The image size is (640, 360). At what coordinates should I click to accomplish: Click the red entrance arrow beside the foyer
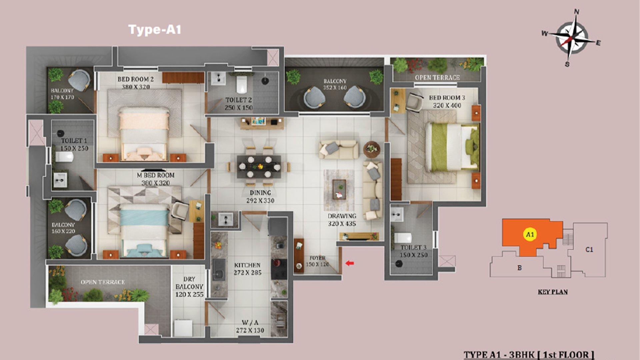349,263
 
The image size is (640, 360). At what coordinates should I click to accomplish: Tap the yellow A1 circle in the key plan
530,234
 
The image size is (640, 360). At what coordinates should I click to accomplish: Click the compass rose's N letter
577,12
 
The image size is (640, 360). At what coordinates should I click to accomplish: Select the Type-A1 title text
155,29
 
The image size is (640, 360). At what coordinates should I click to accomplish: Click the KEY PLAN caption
553,292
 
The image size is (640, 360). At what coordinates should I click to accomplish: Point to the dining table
259,166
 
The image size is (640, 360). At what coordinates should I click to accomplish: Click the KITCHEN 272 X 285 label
247,269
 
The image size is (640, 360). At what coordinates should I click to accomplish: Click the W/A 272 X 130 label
250,327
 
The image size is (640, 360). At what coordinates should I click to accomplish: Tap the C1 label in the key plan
589,249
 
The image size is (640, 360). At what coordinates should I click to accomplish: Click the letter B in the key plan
519,267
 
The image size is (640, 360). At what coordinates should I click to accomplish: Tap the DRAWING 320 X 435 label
342,220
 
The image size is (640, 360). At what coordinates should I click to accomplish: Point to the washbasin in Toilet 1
60,180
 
